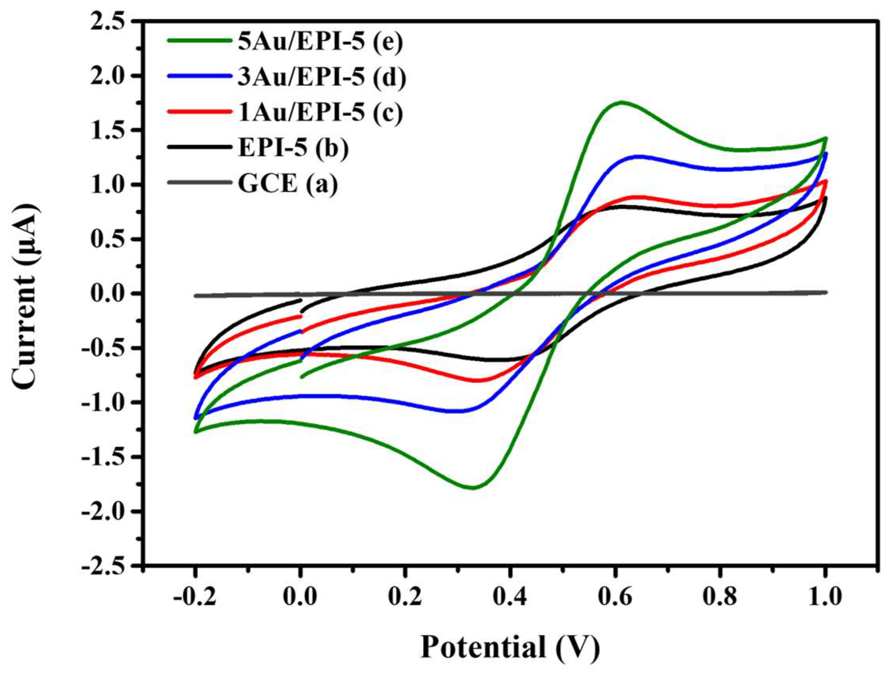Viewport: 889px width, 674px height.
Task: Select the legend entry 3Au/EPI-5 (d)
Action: pyautogui.click(x=321, y=76)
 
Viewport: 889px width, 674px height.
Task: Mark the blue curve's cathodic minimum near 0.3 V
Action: pyautogui.click(x=460, y=411)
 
